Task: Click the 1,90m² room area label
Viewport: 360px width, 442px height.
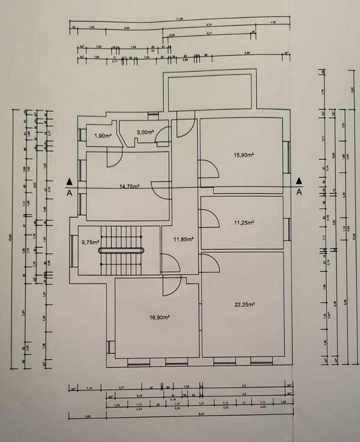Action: coord(104,136)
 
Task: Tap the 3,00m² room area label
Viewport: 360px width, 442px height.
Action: coord(145,132)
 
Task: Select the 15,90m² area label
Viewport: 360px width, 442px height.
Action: coord(244,155)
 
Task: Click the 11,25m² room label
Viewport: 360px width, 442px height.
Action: coord(244,222)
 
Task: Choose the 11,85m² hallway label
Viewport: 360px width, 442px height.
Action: coord(183,239)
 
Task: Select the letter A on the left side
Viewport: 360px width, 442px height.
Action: coord(69,193)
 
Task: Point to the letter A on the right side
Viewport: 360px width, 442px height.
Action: coord(299,192)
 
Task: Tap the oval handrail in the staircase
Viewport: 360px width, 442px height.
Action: coord(122,250)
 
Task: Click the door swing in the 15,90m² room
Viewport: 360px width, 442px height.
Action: coord(209,169)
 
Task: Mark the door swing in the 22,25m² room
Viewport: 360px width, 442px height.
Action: coord(210,262)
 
